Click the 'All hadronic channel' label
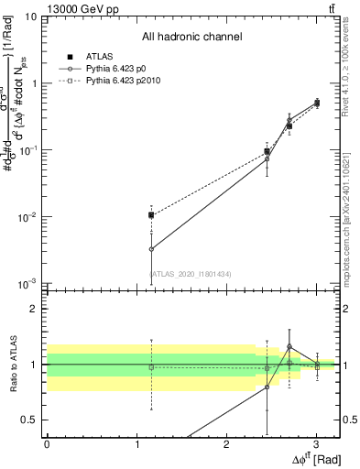[191, 37]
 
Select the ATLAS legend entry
[98, 56]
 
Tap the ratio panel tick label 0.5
[29, 420]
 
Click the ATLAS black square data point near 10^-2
[151, 215]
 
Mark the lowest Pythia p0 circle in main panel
[151, 248]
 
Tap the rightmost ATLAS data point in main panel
[317, 104]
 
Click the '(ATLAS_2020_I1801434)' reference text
[191, 274]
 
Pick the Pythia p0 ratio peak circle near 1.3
[289, 347]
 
